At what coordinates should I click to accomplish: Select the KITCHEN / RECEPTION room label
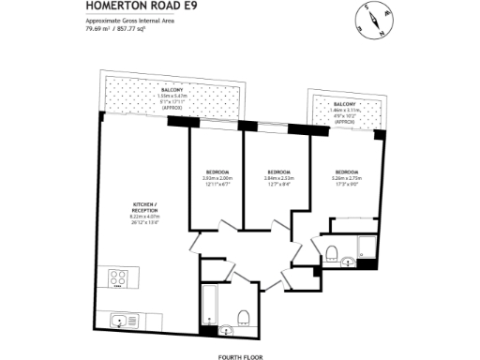[145, 208]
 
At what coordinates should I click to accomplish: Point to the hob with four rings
[120, 278]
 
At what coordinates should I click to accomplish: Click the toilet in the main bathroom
[243, 316]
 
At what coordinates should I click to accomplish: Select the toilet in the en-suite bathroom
[333, 251]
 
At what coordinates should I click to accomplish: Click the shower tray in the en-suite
[367, 247]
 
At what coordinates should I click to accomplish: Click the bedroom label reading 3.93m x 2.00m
[217, 177]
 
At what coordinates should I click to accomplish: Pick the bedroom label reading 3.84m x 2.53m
[278, 177]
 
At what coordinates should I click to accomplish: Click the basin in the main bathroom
[225, 330]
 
